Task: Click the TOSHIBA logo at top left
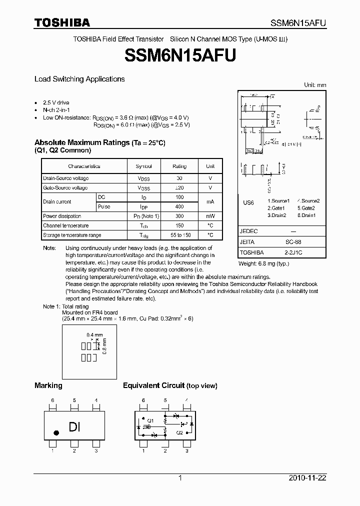[x=62, y=22]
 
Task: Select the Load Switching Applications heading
[x=79, y=79]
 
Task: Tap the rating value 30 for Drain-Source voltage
[x=179, y=178]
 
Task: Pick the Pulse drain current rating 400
[x=179, y=206]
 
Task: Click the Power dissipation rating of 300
[x=179, y=216]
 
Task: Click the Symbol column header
[x=143, y=166]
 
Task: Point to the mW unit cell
[x=210, y=216]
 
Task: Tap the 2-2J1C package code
[x=293, y=252]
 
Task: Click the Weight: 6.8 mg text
[x=263, y=263]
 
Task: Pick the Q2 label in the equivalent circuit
[x=178, y=432]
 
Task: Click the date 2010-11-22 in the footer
[x=306, y=478]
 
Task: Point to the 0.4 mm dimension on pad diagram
[x=94, y=334]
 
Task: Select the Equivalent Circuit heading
[x=154, y=385]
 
